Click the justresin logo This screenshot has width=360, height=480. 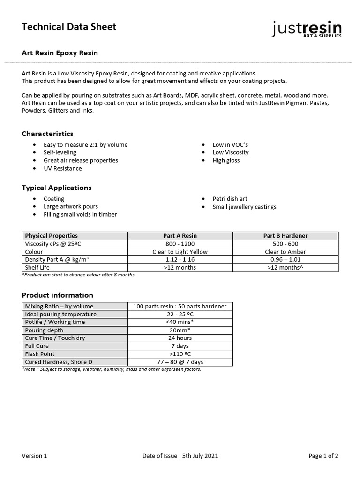click(x=307, y=29)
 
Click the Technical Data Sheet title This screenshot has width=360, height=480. click(x=69, y=27)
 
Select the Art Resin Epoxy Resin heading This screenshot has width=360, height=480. click(x=60, y=53)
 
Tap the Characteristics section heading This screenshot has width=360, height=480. click(x=48, y=134)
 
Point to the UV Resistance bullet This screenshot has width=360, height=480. click(x=62, y=168)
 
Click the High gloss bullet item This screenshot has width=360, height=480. click(x=226, y=160)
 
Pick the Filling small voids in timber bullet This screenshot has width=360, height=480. click(x=80, y=214)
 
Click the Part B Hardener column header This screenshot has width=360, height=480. click(x=285, y=236)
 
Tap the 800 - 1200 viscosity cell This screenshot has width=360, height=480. click(x=180, y=244)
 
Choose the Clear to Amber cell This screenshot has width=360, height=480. click(x=285, y=252)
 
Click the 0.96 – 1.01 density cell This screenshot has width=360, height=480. click(x=285, y=259)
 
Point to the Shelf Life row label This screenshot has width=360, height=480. click(x=38, y=267)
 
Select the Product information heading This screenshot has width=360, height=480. click(x=58, y=295)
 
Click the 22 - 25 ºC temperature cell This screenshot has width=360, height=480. click(x=180, y=314)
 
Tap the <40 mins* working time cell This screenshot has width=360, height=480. click(x=180, y=322)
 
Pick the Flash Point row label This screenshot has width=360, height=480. click(x=40, y=354)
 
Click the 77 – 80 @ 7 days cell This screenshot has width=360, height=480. click(x=180, y=362)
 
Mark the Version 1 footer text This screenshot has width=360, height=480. click(x=35, y=456)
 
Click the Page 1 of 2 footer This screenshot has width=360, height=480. click(x=323, y=456)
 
